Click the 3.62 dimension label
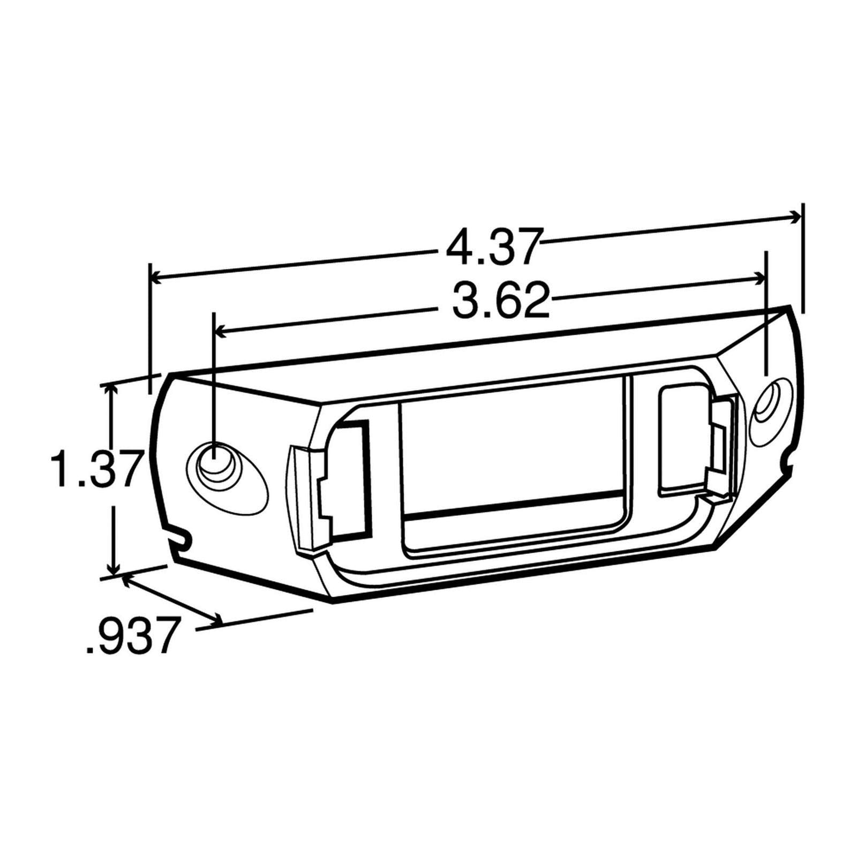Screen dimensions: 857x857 [501, 301]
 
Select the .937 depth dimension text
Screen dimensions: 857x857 [131, 636]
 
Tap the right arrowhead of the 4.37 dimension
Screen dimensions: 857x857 [796, 216]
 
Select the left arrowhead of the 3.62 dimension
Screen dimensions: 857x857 [220, 332]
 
